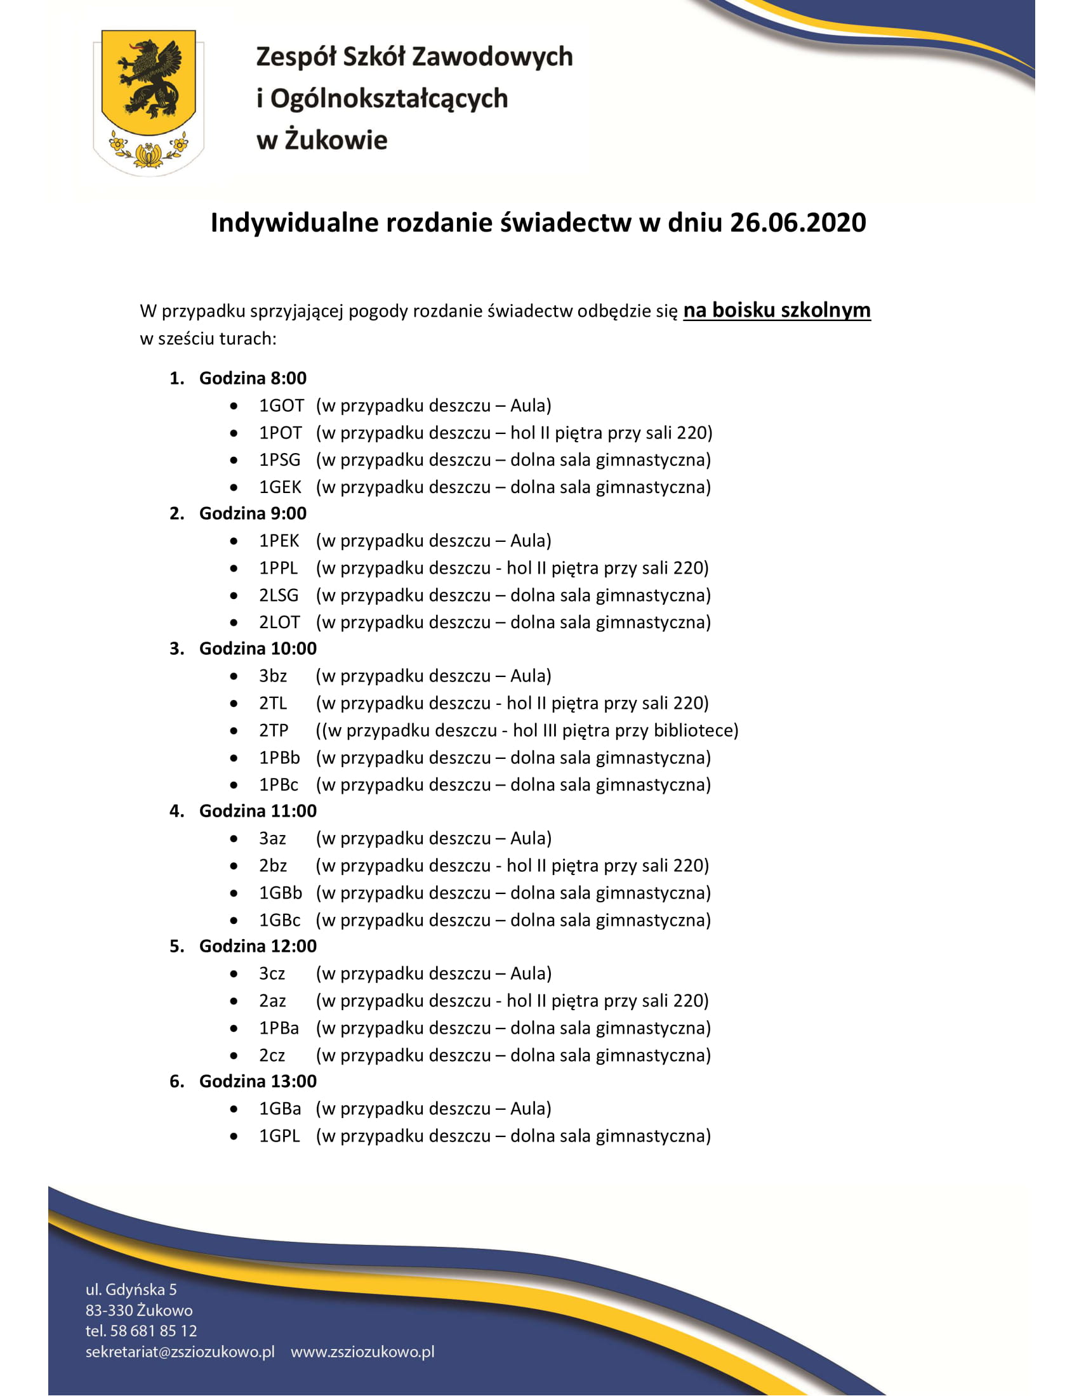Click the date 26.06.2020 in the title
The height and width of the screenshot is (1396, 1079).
[x=798, y=223]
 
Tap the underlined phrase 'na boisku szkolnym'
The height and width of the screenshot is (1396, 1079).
[x=777, y=311]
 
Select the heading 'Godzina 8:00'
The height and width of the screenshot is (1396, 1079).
[x=253, y=378]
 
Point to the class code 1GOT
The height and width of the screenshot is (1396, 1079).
[x=281, y=406]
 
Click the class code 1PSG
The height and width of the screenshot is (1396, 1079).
[x=279, y=460]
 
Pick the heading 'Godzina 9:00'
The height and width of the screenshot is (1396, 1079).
[x=253, y=513]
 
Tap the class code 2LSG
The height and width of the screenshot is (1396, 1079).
[x=279, y=596]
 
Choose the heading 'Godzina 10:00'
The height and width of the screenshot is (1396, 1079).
[x=258, y=649]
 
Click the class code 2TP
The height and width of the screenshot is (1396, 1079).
[x=274, y=730]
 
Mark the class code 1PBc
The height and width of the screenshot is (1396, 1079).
[x=279, y=785]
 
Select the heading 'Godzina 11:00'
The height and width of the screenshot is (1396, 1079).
[x=258, y=811]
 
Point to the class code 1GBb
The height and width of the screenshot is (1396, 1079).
[x=280, y=893]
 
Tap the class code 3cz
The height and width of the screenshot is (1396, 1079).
[x=272, y=974]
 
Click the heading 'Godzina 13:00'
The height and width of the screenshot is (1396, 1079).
[x=258, y=1081]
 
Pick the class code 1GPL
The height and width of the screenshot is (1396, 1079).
[x=279, y=1136]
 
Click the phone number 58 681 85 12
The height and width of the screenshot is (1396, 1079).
[x=154, y=1331]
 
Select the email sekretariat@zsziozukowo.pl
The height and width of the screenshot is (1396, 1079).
[x=180, y=1352]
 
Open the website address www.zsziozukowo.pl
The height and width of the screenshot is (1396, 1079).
[x=362, y=1352]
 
